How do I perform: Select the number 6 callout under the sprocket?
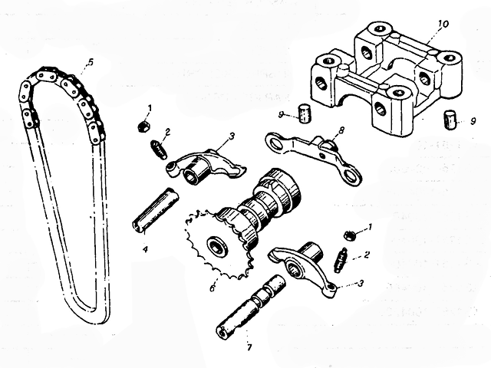213,289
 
